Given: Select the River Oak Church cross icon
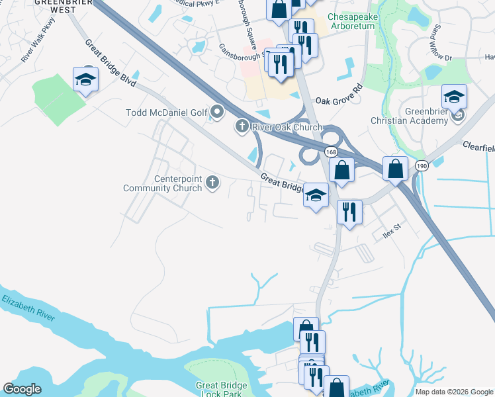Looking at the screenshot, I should (242, 126).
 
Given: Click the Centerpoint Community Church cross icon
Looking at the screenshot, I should (212, 182).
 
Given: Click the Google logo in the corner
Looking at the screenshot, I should (22, 389).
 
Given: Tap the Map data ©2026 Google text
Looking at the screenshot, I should (453, 392).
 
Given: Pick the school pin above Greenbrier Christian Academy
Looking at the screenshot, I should (454, 97).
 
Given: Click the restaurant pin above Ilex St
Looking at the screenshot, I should (349, 212).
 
